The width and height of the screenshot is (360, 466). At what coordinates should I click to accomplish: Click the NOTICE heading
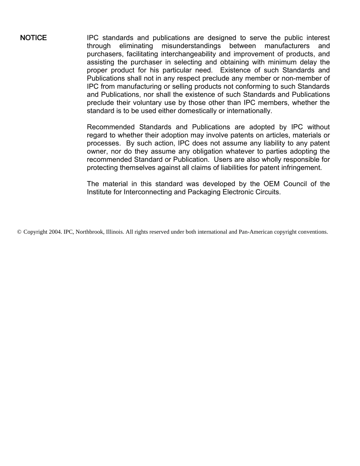tap(33, 38)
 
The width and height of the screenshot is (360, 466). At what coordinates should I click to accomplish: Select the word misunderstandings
tap(191, 46)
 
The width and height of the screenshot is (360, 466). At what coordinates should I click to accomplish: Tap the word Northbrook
tap(88, 232)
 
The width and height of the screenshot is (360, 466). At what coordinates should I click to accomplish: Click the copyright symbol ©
tap(19, 232)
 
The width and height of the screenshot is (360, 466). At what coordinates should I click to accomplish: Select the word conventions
tap(314, 232)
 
